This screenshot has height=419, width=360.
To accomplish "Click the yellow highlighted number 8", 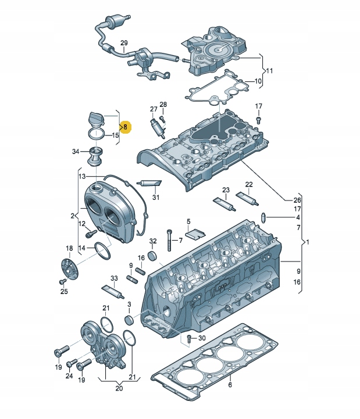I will click(x=125, y=126).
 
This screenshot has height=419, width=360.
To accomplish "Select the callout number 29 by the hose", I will click(x=124, y=44).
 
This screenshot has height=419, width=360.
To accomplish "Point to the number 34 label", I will click(x=76, y=152).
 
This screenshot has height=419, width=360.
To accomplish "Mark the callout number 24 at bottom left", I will click(x=69, y=377).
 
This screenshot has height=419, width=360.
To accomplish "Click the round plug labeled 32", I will click(x=153, y=256).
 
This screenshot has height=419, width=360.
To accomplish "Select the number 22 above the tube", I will click(x=248, y=185).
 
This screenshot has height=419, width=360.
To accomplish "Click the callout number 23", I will click(x=226, y=190).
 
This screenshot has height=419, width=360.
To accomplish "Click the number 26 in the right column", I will click(x=297, y=199).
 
